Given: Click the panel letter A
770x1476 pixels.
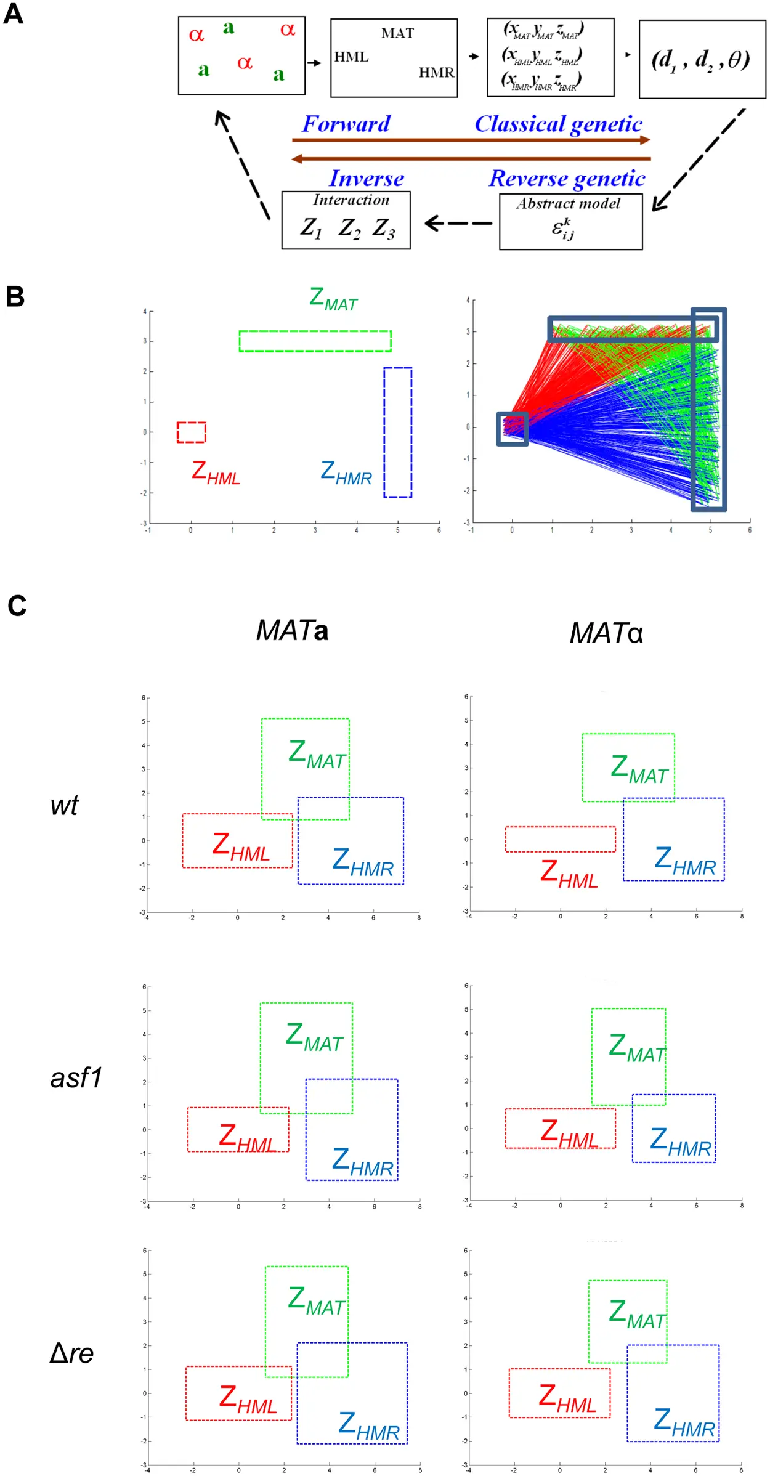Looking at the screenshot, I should (x=13, y=14).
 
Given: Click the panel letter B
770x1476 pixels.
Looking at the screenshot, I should (x=15, y=296).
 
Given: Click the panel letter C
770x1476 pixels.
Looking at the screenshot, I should (x=17, y=606).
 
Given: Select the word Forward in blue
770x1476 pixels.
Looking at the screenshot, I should (x=346, y=124).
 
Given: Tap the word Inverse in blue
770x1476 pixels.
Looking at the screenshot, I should (x=367, y=179).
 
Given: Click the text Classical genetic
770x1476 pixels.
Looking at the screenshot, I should (x=558, y=124).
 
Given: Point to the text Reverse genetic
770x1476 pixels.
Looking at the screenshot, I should (x=567, y=179).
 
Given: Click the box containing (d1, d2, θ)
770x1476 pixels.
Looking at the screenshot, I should (x=702, y=59).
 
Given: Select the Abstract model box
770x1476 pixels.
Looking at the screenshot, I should (x=570, y=222).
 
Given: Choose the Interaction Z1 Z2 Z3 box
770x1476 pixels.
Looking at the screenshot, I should (x=346, y=220).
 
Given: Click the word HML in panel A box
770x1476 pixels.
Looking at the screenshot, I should (x=351, y=57).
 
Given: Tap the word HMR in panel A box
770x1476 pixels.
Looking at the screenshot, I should (x=436, y=73).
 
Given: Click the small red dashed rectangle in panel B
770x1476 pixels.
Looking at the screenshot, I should (x=192, y=432).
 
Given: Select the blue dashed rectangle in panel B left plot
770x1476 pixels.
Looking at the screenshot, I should (x=398, y=432).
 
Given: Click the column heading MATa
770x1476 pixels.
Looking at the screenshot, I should (x=292, y=630).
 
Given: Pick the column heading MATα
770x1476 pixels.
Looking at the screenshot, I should (x=606, y=633).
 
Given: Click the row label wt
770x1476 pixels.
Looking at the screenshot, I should (x=64, y=805).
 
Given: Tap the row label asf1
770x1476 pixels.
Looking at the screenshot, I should (x=76, y=1078).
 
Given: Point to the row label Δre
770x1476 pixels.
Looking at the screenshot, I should (x=71, y=1353).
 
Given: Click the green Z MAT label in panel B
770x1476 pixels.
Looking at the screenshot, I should (x=333, y=299).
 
